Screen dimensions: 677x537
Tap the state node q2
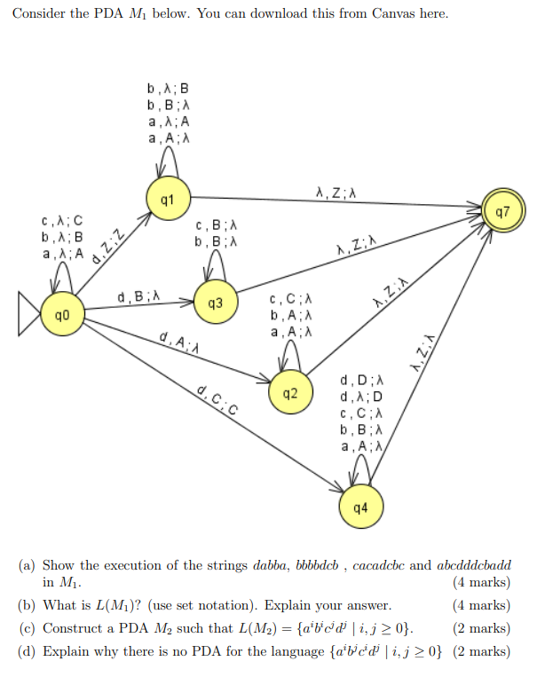coord(289,393)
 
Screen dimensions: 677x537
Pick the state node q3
coord(214,303)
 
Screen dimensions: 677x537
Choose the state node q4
coord(360,508)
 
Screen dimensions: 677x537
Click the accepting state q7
coord(502,212)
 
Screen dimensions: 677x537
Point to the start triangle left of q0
coord(28,315)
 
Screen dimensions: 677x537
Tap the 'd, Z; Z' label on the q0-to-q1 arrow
coord(109,250)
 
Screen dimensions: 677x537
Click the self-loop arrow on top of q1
coord(168,161)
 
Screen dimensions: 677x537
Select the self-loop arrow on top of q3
coord(214,265)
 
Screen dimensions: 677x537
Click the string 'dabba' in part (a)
coord(272,565)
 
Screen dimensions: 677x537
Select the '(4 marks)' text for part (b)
coord(481,605)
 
